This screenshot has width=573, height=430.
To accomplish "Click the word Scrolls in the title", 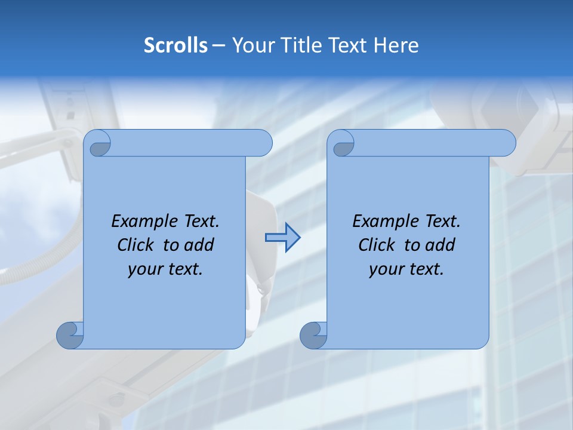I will click(176, 45).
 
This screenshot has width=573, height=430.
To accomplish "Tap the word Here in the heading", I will click(396, 45).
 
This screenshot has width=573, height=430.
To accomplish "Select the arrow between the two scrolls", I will click(282, 238).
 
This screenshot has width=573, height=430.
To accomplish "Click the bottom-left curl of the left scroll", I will click(69, 335).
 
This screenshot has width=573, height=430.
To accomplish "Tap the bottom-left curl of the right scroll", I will click(313, 335).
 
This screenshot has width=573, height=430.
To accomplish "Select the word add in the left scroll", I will click(199, 245).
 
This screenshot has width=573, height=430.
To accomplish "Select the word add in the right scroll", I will click(440, 245).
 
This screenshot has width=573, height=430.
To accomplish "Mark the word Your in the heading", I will click(254, 45).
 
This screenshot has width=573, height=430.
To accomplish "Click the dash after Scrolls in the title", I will click(218, 45).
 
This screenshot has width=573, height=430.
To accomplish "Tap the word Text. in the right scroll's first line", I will click(443, 222).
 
